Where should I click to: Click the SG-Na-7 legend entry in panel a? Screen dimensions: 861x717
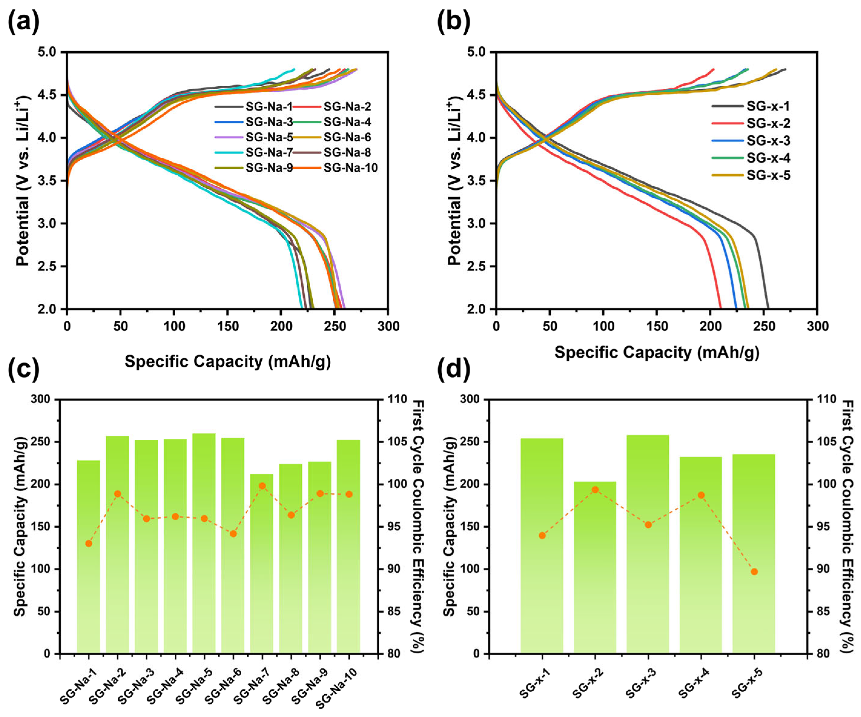pyautogui.click(x=254, y=153)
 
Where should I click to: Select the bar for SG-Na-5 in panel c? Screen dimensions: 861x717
pyautogui.click(x=204, y=544)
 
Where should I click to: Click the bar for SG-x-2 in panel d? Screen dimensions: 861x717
pyautogui.click(x=595, y=567)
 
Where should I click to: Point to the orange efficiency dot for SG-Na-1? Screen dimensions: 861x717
pyautogui.click(x=89, y=544)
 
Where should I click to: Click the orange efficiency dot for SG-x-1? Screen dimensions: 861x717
pyautogui.click(x=542, y=535)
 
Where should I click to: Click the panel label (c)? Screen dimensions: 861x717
pyautogui.click(x=24, y=369)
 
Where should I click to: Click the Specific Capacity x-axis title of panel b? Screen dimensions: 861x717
pyautogui.click(x=657, y=352)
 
